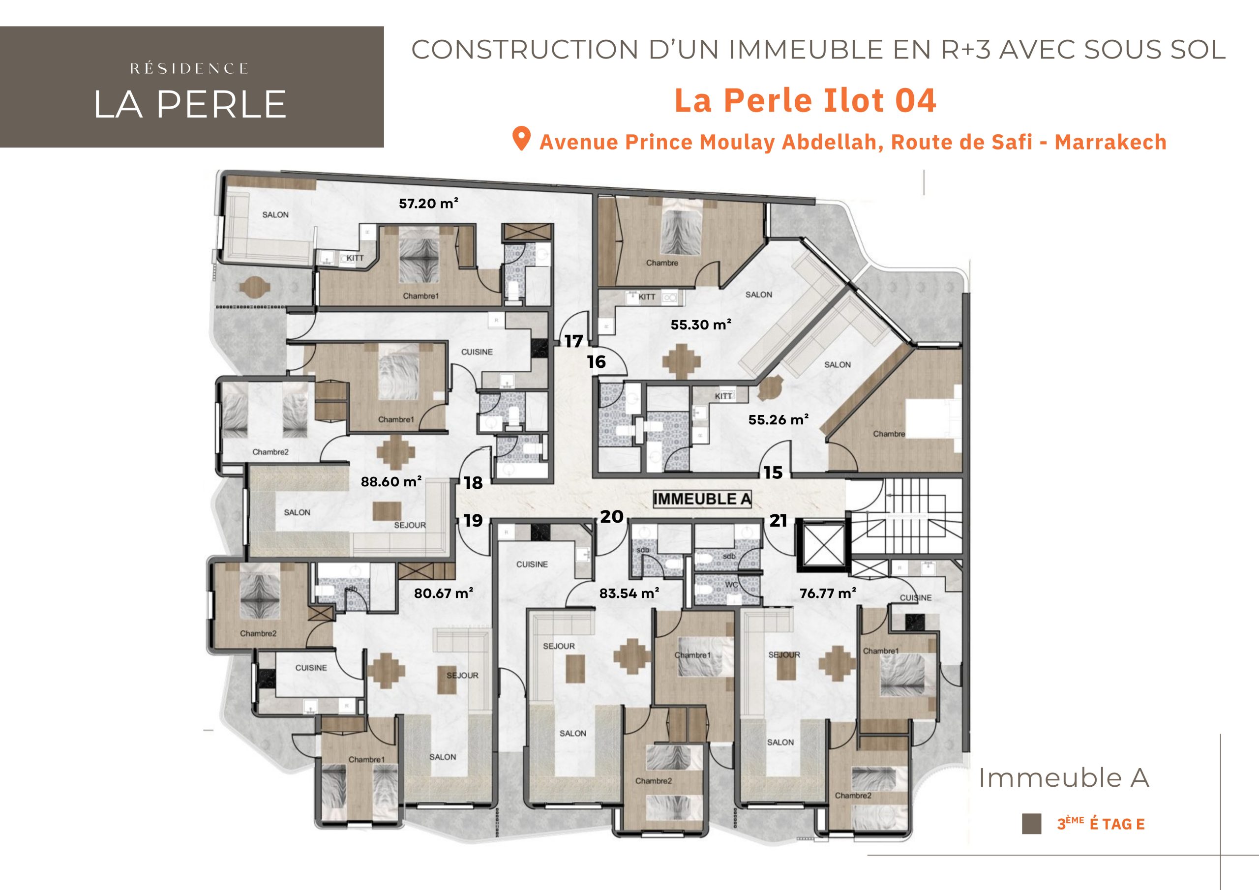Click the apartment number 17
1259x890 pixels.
coord(573,342)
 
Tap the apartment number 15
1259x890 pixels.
coord(773,473)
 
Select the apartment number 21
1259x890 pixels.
coord(778,520)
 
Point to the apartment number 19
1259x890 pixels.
coord(473,520)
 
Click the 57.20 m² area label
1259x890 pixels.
coord(429,204)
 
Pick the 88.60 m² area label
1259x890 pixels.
coord(391,481)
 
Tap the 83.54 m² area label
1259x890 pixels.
coord(629,593)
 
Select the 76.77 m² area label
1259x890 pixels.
coord(828,593)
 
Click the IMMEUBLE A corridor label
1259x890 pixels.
coord(702,499)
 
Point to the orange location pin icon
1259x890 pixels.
coord(521,139)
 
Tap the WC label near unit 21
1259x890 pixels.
coord(731,585)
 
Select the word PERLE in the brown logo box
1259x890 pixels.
coord(221,104)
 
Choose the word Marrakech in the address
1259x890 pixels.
coord(1110,142)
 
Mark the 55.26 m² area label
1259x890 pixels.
coord(779,420)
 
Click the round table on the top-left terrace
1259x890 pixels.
coord(254,285)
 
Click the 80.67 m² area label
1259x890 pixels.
coord(444,593)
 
